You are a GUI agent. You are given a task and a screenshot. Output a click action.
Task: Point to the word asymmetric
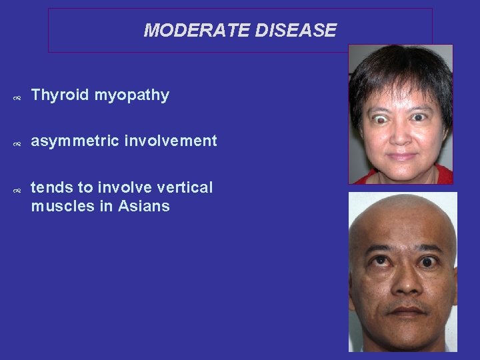[x=74, y=141]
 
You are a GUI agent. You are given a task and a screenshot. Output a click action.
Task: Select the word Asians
[x=144, y=206]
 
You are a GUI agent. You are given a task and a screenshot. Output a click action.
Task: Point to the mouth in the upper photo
[x=401, y=156]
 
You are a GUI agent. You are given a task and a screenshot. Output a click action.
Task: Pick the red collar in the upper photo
[x=363, y=178]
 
